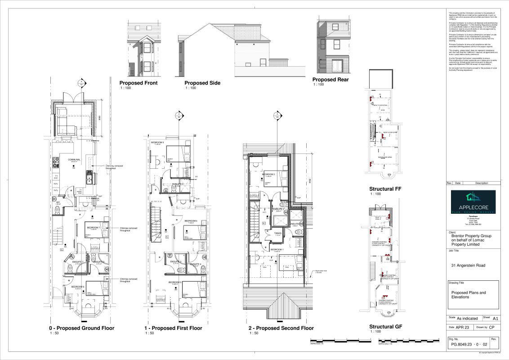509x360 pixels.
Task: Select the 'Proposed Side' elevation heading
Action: click(x=202, y=83)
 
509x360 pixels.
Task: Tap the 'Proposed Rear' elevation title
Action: click(x=330, y=80)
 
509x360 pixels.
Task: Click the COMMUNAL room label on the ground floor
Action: click(x=74, y=160)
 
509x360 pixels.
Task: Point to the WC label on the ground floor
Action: click(x=58, y=202)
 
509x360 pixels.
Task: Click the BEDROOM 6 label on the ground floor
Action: click(x=77, y=287)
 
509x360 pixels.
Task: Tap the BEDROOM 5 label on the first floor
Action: click(x=157, y=142)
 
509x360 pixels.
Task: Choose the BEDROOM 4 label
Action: click(x=190, y=221)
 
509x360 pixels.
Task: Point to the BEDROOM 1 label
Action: click(x=277, y=249)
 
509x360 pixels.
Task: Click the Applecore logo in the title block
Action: click(x=473, y=202)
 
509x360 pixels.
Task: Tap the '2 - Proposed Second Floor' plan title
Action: click(x=281, y=328)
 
